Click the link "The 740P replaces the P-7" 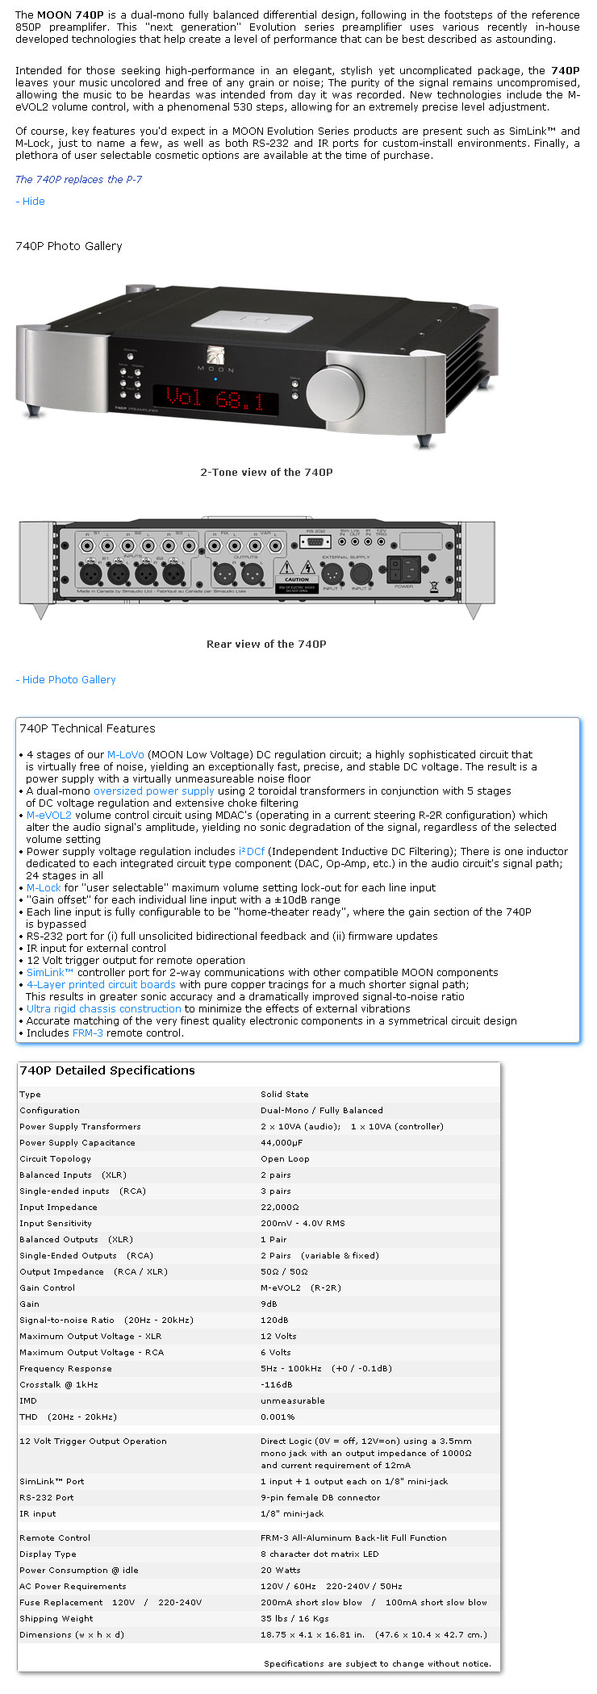(x=78, y=179)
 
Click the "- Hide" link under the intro (x=30, y=201)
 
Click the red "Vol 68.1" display (x=216, y=397)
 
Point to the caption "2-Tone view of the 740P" (x=266, y=472)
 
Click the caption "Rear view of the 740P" (x=266, y=644)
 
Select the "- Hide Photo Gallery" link (x=65, y=679)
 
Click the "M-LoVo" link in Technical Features (x=125, y=754)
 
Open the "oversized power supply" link (x=153, y=791)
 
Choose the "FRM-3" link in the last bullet (x=87, y=1033)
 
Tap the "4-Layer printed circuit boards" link (x=101, y=984)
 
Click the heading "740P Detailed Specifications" (x=107, y=1070)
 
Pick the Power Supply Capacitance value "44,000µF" (x=281, y=1142)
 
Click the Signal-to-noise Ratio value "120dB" (x=275, y=1320)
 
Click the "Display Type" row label (x=48, y=1554)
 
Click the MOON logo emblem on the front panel (x=215, y=356)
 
